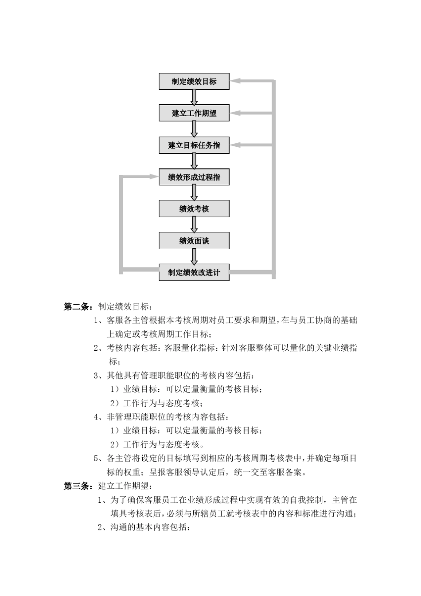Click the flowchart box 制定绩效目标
(194, 82)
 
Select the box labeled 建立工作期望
(194, 113)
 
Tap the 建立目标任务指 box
(194, 145)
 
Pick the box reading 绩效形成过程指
(194, 177)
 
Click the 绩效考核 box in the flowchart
(194, 209)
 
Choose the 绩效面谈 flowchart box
(194, 241)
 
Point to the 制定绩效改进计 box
(194, 272)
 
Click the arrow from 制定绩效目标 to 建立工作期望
(194, 98)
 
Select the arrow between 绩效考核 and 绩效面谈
(194, 225)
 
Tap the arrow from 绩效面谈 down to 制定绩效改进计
(194, 257)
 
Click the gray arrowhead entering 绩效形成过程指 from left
(153, 176)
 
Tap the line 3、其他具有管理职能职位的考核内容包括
(174, 376)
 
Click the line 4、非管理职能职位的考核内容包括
(162, 417)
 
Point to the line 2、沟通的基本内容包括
(144, 528)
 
